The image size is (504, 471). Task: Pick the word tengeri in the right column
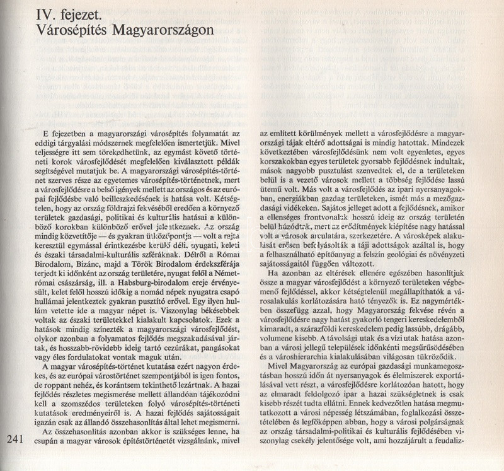point(396,320)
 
